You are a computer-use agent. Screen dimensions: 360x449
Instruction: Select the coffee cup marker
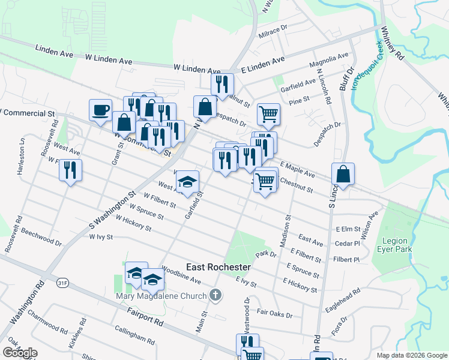click(100, 110)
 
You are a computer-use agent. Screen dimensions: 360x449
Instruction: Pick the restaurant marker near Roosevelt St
click(70, 170)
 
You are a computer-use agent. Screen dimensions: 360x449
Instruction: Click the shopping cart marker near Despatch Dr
click(268, 113)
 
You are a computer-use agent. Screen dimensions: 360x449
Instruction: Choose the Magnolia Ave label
click(329, 61)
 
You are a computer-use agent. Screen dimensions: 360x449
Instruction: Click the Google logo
click(20, 353)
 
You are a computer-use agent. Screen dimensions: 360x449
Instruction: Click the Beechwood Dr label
click(41, 237)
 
